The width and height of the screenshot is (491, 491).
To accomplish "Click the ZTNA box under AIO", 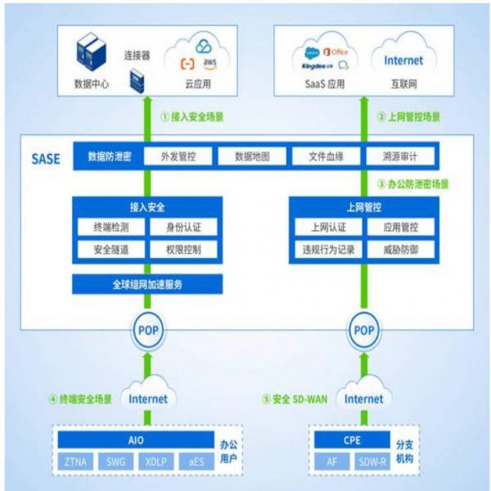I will point(78,462).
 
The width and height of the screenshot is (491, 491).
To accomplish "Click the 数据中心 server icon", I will point(88,56).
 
